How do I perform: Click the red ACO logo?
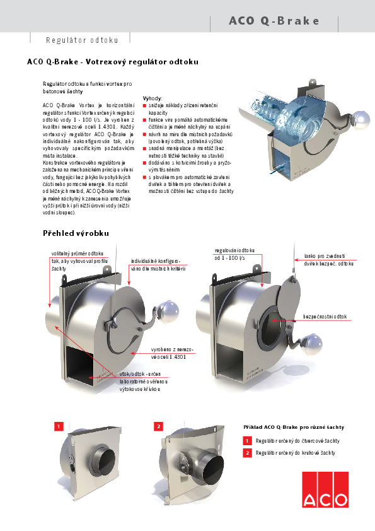tap(325, 489)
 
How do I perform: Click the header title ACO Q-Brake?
tap(274, 21)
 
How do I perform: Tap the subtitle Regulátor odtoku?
tap(82, 40)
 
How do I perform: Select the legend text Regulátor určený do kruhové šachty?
tap(293, 453)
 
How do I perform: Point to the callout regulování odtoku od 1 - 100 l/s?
tap(234, 254)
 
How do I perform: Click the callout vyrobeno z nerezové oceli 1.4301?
tap(172, 352)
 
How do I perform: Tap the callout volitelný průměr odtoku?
tap(77, 253)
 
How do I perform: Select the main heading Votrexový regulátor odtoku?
tap(113, 62)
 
